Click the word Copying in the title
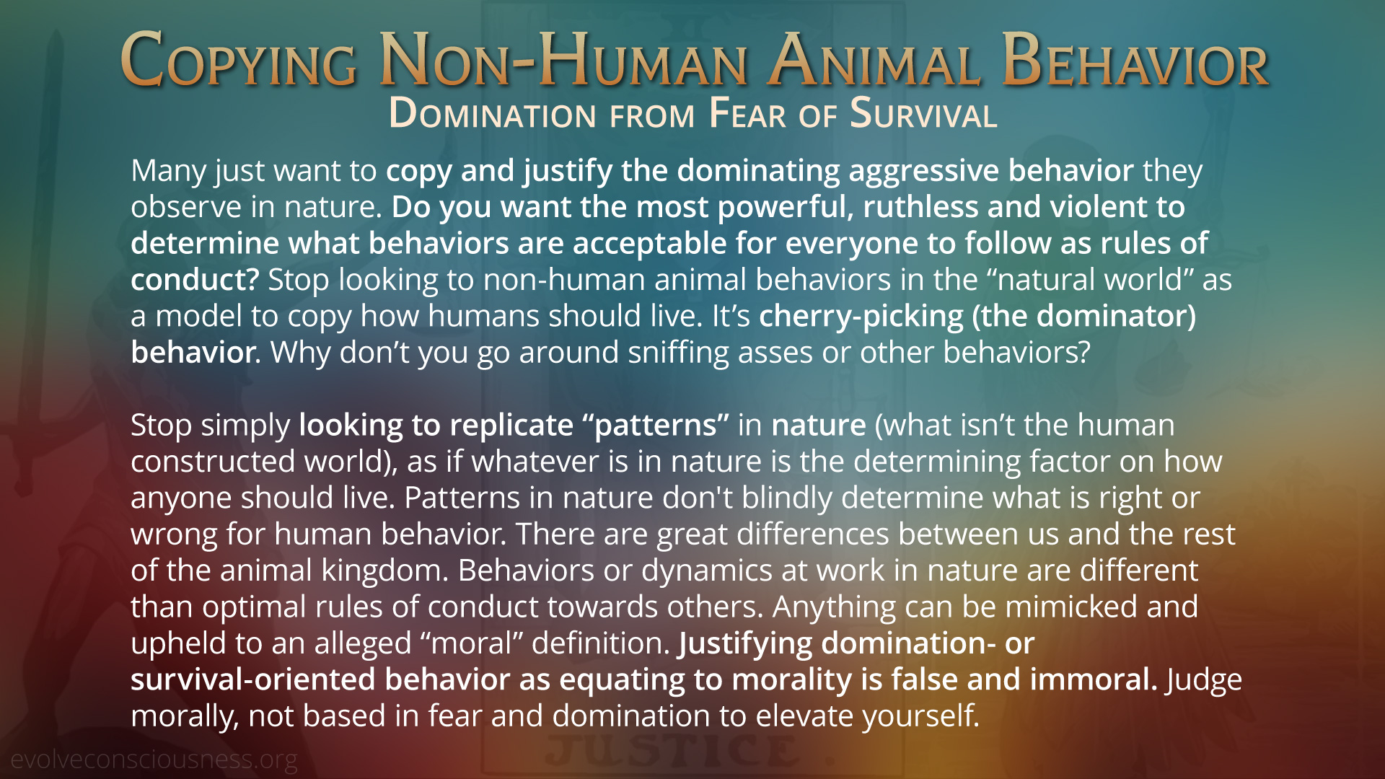pos(239,61)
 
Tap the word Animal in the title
pos(874,61)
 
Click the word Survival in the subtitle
pos(923,114)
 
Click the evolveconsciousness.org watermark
pos(154,759)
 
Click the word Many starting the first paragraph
pos(169,172)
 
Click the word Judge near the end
pos(1204,680)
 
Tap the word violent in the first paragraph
pos(1099,207)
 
